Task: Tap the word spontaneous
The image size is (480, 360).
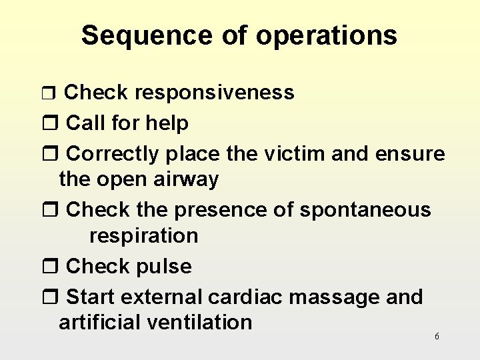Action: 365,210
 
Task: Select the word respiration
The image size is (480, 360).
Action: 143,236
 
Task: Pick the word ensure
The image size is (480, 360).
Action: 409,155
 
